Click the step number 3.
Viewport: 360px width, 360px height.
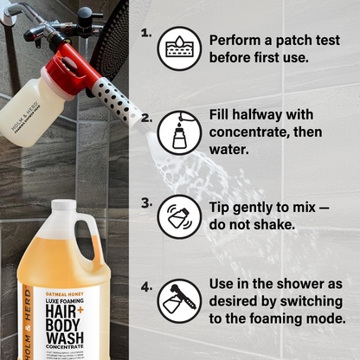coord(147,202)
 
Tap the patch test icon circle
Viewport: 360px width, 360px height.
coord(179,48)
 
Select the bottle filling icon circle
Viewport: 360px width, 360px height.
coord(179,132)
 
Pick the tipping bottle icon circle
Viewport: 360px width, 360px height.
coord(179,216)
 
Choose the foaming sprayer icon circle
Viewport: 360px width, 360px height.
coord(179,300)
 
